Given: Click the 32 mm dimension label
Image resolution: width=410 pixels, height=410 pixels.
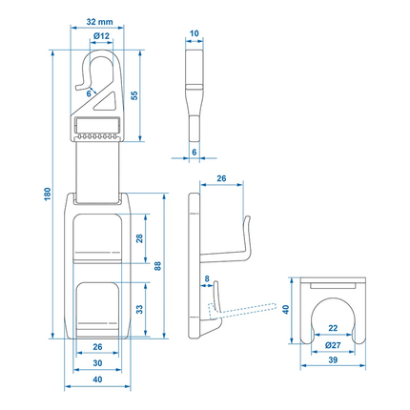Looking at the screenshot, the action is point(99,22).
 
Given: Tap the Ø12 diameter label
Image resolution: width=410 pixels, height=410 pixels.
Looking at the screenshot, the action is point(101,36).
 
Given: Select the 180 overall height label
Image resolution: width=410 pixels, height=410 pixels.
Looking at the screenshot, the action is point(48,194).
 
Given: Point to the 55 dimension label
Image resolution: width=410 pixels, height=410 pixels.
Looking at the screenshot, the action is point(134,95).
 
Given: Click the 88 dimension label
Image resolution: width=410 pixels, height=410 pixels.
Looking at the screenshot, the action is point(157,266).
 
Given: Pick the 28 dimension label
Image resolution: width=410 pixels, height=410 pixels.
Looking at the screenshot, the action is point(139,238).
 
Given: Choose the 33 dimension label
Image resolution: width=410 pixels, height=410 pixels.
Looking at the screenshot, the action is point(139,309).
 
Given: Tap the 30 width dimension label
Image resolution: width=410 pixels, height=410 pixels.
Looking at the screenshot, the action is point(97,363).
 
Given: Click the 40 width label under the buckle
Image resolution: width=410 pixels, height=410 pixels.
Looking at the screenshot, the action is point(97,379).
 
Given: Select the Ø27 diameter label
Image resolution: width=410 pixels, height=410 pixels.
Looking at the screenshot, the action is point(333,345).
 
